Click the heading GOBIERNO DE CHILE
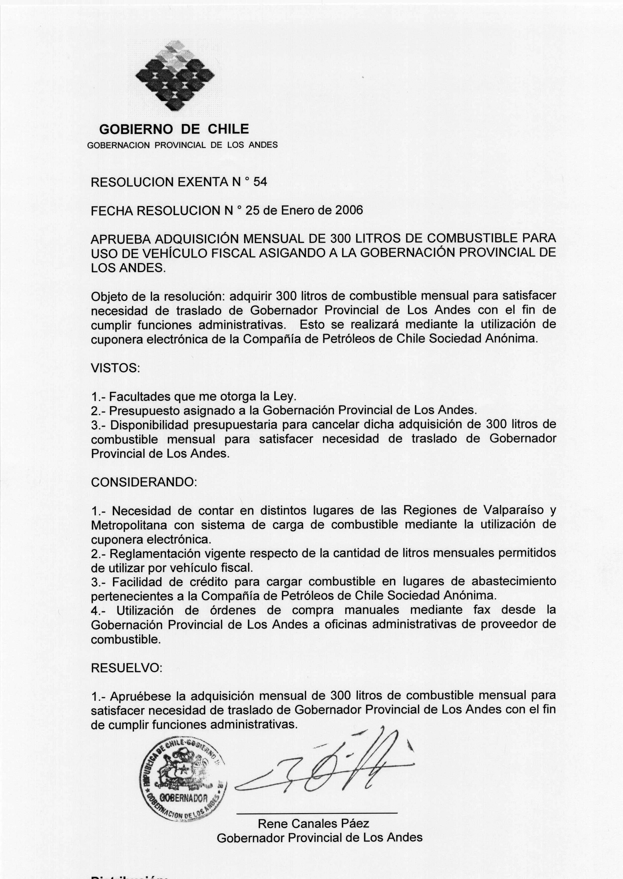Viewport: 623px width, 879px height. tap(174, 129)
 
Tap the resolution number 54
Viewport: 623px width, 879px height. tap(260, 182)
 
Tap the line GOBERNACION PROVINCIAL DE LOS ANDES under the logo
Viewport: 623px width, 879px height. tap(183, 145)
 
